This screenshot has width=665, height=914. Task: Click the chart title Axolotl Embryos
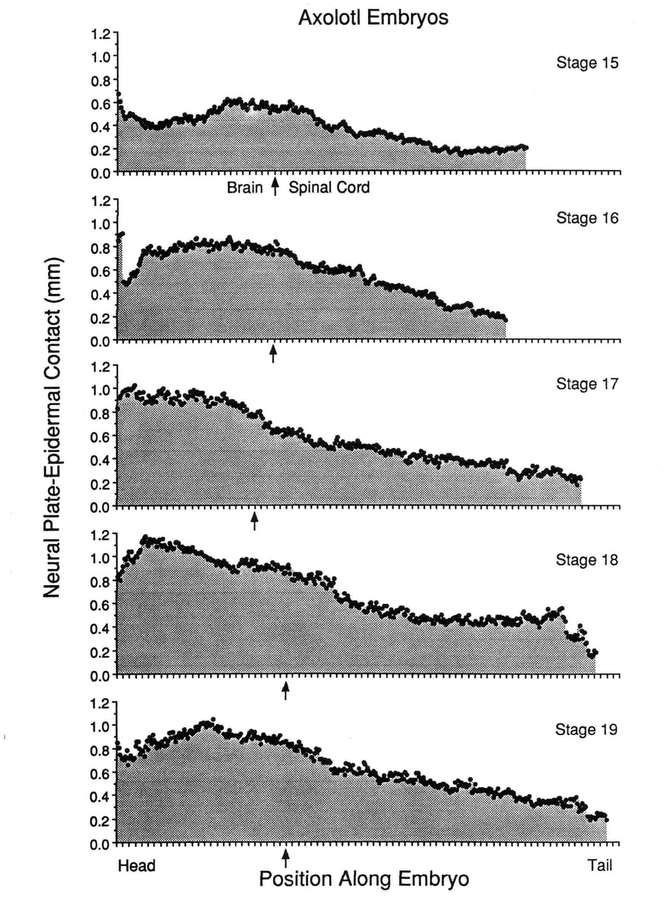(x=373, y=18)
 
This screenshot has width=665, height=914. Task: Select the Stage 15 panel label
(x=587, y=63)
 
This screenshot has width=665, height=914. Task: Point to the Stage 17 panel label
(x=587, y=383)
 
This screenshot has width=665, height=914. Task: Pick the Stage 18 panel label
(x=587, y=560)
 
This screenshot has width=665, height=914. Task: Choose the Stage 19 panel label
(x=586, y=729)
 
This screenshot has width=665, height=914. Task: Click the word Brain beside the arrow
(x=245, y=188)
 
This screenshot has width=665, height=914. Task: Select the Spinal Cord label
(x=329, y=188)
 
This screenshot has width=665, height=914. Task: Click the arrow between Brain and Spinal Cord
(x=275, y=187)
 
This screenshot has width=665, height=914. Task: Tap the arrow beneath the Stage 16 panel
(x=273, y=353)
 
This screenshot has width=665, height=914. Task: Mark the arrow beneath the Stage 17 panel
(x=254, y=521)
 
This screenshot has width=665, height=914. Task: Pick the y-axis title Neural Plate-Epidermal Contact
(x=53, y=427)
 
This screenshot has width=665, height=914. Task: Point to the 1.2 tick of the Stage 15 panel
(x=100, y=34)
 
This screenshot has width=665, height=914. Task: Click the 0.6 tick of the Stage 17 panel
(x=100, y=437)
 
